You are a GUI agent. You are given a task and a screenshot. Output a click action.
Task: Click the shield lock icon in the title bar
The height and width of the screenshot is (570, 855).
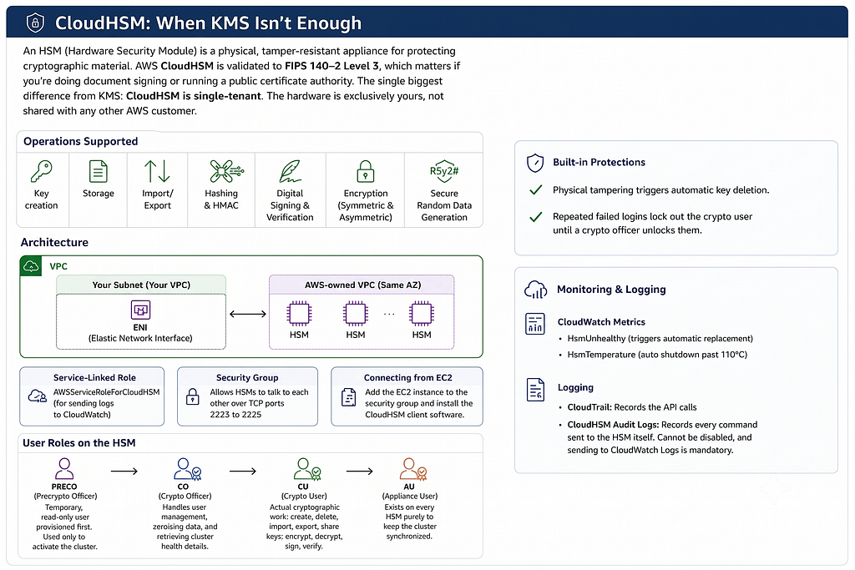pos(35,23)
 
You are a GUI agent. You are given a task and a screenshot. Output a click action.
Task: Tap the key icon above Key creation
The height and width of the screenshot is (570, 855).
pos(42,170)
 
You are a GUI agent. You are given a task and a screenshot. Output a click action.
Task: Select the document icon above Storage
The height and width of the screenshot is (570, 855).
pos(99,171)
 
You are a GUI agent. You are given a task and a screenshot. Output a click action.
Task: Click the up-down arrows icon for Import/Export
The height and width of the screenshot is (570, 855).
pos(157,171)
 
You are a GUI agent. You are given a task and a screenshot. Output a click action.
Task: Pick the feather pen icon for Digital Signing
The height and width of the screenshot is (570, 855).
pos(290,171)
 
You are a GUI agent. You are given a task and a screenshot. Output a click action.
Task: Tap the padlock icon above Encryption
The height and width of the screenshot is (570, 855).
pos(366,171)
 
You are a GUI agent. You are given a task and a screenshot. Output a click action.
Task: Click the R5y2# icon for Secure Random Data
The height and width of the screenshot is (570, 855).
pos(444,171)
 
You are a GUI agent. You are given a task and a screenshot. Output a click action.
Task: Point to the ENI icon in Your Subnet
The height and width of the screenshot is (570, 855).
pos(140,310)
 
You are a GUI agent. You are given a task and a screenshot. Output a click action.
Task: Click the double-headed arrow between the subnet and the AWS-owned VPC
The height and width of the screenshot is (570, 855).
pos(248,314)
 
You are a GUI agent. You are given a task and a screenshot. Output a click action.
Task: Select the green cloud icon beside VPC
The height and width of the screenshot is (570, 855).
pos(31,266)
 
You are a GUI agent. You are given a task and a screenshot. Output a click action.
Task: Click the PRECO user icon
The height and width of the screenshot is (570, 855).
pos(64,468)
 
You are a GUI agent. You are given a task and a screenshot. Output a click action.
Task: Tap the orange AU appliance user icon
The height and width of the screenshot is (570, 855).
pos(412,469)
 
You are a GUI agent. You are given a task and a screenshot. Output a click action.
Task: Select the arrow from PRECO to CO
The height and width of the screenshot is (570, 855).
pos(124,472)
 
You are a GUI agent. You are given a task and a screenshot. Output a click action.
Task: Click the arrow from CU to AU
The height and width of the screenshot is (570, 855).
pos(360,472)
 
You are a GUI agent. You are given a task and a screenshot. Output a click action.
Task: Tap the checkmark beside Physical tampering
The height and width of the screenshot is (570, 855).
pos(536,189)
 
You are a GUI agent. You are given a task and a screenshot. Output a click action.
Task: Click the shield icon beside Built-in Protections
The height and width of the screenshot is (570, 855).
pos(535,163)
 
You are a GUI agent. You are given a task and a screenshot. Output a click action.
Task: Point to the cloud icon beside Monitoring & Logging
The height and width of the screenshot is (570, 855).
pos(535,290)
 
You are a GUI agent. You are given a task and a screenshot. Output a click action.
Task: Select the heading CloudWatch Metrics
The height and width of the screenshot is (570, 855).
pos(601,322)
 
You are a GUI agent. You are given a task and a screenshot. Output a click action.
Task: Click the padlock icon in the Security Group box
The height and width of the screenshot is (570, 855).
pos(193,396)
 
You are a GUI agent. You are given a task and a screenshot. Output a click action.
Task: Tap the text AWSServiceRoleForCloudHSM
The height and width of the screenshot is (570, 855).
pos(106,391)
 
